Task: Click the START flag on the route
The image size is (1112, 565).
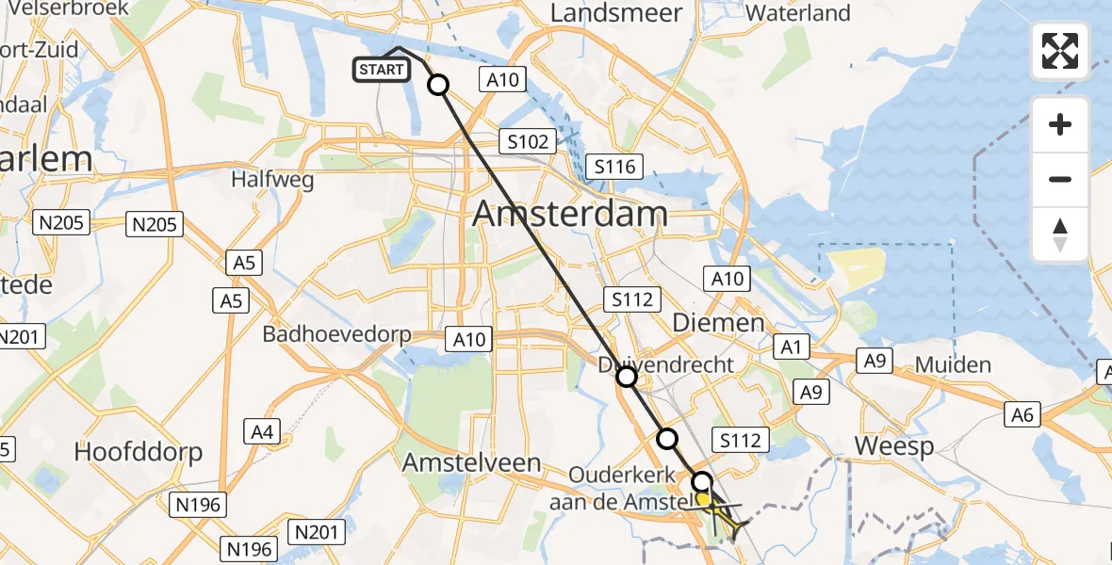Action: tap(382, 69)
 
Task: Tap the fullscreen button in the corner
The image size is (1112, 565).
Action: tap(1060, 50)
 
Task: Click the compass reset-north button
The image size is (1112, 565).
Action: tap(1060, 234)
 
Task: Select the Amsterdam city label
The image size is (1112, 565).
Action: tap(570, 214)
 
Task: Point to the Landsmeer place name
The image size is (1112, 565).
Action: tap(616, 13)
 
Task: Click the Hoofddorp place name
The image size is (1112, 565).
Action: tap(139, 452)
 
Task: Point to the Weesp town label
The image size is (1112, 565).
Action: tap(893, 445)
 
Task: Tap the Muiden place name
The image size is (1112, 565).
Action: tap(954, 365)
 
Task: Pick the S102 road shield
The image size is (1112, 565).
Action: tap(527, 142)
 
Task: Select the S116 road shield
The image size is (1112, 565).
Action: tap(613, 168)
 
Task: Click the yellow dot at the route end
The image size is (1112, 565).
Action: tap(703, 499)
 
